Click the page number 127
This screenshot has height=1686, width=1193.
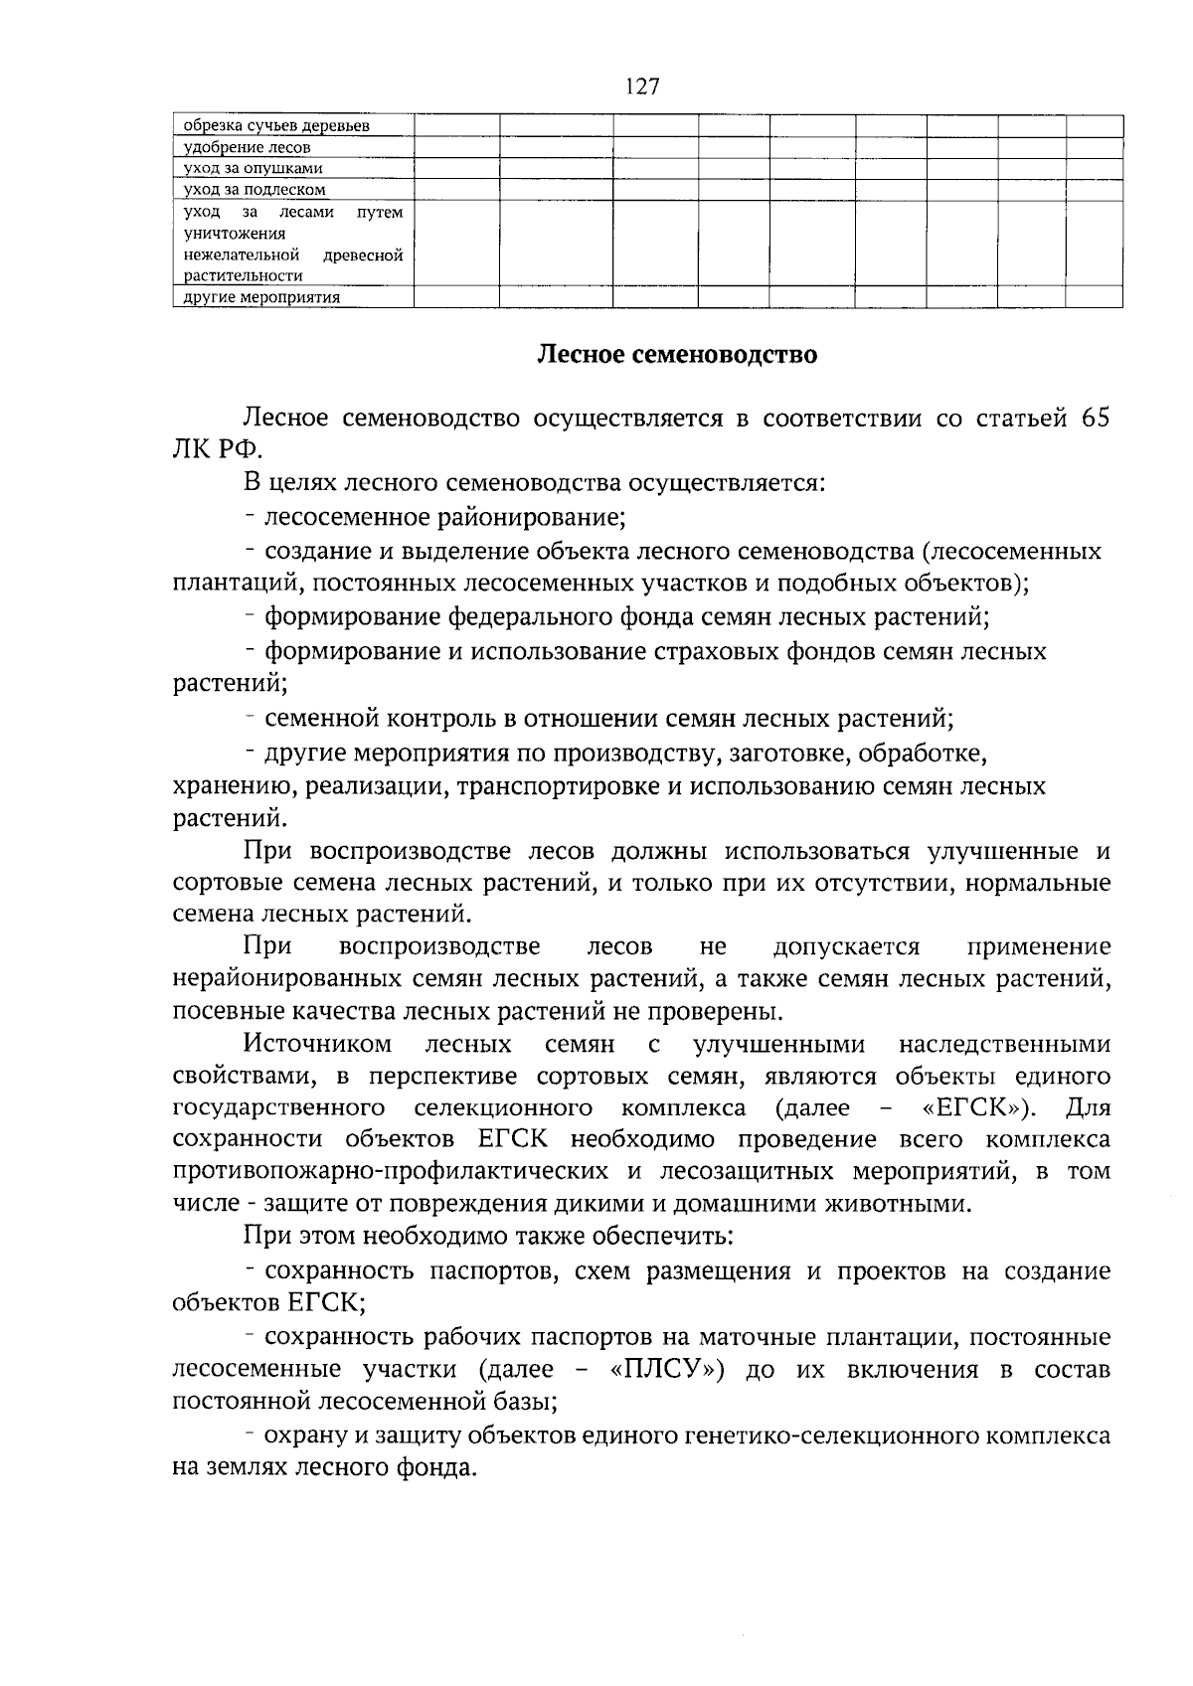click(642, 86)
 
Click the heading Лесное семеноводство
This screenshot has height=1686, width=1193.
click(677, 355)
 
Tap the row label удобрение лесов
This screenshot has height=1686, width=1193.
click(248, 147)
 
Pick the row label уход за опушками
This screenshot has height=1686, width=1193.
click(254, 168)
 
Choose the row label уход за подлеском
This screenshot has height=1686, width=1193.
click(255, 189)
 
